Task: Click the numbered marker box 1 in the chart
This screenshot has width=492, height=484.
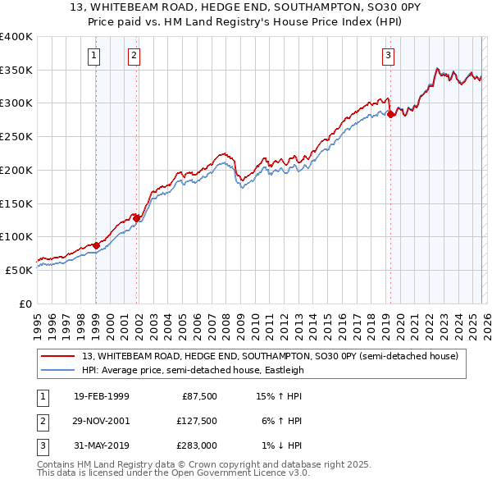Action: (x=95, y=56)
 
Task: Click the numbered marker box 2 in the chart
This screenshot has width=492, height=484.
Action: (x=134, y=56)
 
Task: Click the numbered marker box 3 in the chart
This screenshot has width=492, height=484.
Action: (x=388, y=56)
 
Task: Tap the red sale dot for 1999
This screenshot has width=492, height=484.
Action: (x=96, y=244)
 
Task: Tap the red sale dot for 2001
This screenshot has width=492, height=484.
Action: (x=136, y=217)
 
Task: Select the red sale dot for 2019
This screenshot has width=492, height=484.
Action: (x=390, y=114)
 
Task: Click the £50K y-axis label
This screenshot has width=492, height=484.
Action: (x=19, y=270)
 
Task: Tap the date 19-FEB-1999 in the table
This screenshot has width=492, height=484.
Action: (x=101, y=397)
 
